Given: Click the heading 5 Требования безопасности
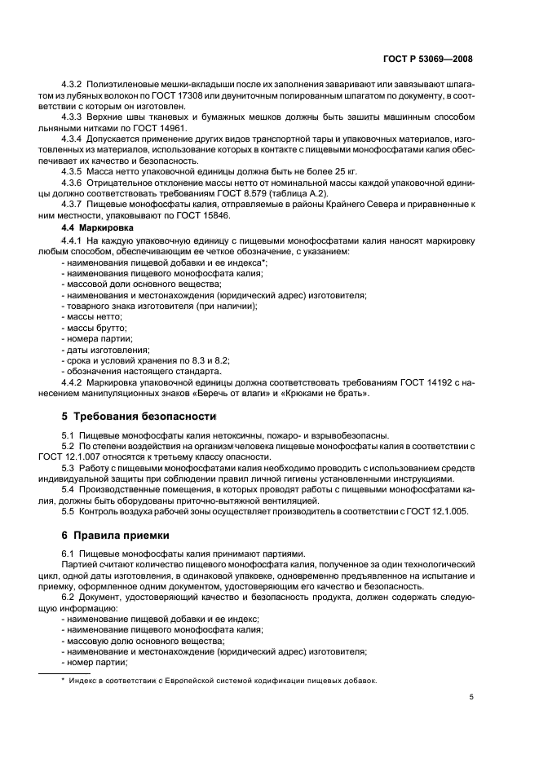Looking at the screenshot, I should tap(128, 416).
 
